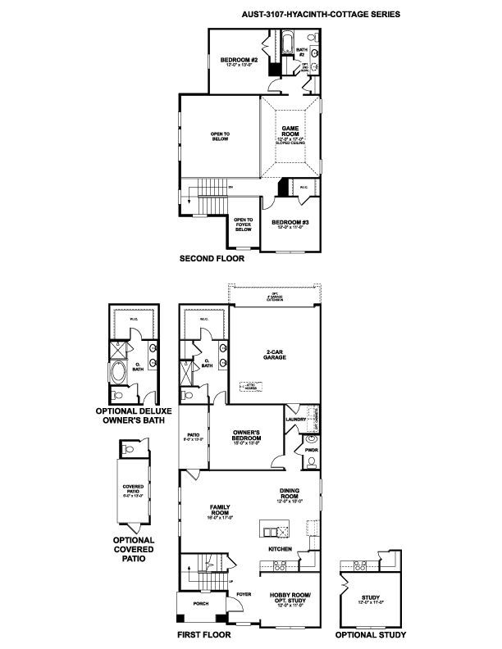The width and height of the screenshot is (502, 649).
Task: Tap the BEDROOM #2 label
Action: [x=239, y=61]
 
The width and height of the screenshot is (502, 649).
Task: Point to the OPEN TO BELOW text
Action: [x=220, y=135]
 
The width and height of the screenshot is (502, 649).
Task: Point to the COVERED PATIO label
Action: [x=133, y=490]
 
